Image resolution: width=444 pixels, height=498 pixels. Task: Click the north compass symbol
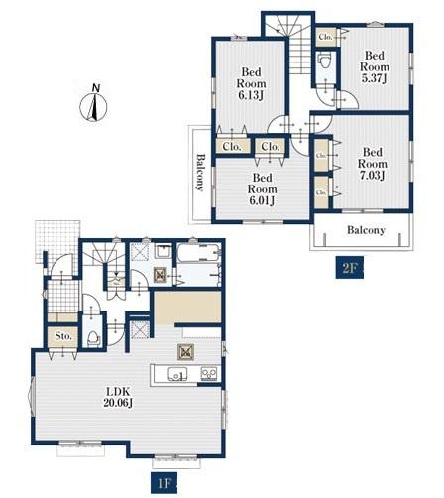[x=94, y=107]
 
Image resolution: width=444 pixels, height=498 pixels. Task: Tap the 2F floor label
[x=350, y=267]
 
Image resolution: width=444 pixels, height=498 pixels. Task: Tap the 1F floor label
[x=165, y=484]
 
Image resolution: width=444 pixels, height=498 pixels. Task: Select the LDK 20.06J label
[x=118, y=397]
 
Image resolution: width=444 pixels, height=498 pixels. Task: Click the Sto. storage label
[x=63, y=336]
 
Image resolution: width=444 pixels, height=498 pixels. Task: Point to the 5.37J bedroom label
[x=375, y=66]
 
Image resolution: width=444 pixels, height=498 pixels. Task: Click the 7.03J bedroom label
[x=373, y=164]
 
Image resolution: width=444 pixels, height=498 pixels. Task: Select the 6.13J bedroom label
[x=251, y=83]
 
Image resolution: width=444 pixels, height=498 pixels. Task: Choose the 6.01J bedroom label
[x=262, y=189]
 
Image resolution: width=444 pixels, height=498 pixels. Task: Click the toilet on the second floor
[x=324, y=61]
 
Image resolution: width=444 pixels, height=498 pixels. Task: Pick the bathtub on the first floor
[x=198, y=254]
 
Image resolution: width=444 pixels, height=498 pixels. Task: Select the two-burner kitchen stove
[x=209, y=374]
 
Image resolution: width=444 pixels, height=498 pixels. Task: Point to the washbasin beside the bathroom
[x=164, y=252]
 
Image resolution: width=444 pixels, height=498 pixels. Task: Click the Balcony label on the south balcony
[x=366, y=230]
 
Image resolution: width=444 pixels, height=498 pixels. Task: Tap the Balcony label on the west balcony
[x=200, y=172]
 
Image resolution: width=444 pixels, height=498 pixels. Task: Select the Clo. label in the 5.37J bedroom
[x=325, y=37]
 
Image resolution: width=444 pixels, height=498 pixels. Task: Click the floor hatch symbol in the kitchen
[x=185, y=352]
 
